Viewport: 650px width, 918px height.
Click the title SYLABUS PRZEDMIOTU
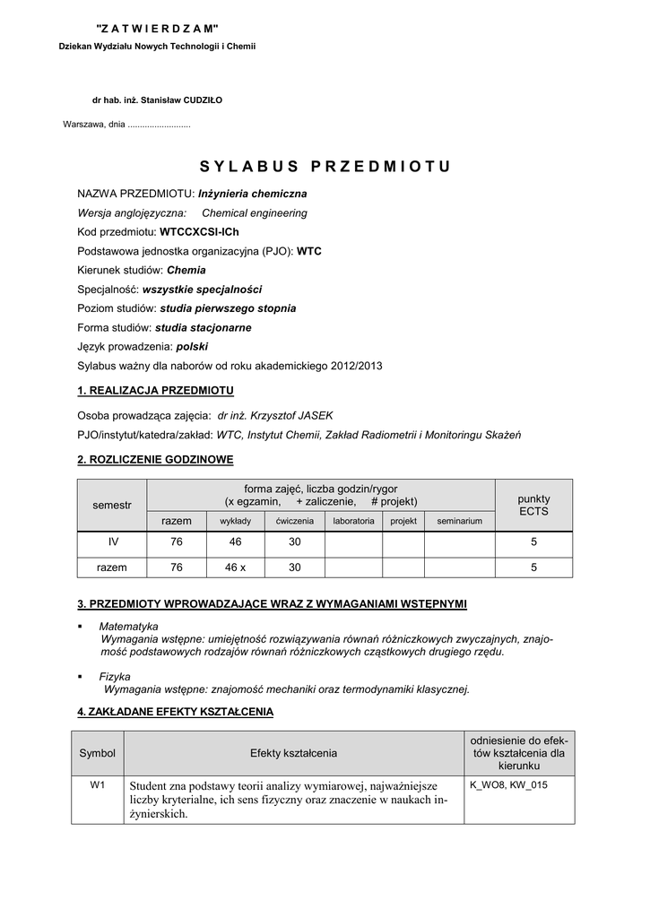(325, 167)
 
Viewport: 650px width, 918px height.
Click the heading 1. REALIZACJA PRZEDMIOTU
(156, 390)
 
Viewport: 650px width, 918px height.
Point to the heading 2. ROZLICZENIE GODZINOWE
(155, 460)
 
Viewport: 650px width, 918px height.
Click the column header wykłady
(235, 521)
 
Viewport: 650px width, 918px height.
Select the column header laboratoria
(353, 521)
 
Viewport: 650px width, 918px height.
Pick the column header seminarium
(459, 521)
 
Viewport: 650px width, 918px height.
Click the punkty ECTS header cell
(533, 505)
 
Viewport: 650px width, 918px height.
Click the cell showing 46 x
(235, 567)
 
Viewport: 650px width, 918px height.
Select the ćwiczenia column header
(294, 521)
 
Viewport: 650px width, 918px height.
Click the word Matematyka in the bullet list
(129, 626)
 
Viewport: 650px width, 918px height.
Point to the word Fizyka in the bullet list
(115, 677)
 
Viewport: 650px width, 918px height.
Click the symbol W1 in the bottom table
(98, 784)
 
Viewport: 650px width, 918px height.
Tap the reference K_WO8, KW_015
(508, 784)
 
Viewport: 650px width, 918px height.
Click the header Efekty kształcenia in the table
(293, 753)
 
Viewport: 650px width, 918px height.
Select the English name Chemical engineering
(254, 213)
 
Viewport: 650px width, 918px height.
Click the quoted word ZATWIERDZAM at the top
(157, 30)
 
